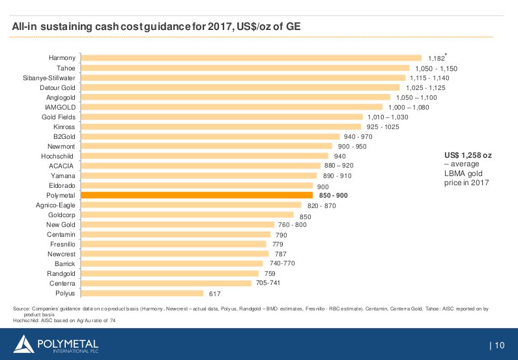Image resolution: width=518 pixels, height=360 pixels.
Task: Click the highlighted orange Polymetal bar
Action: pos(195,195)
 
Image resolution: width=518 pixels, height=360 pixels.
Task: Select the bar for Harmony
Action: pos(250,58)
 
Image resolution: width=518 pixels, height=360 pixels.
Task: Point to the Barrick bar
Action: pos(171,263)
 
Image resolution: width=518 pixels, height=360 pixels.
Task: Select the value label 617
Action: pos(214,293)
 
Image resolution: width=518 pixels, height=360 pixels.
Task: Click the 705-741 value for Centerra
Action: pos(268,283)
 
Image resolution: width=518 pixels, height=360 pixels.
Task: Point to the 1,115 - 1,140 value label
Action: pos(429,78)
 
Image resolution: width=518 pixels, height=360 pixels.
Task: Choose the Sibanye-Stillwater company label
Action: pos(49,78)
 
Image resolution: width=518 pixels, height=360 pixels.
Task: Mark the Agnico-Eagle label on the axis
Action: pos(55,205)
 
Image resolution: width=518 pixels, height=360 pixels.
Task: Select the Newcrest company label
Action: pos(62,254)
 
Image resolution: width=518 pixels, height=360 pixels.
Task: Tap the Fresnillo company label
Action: pos(62,244)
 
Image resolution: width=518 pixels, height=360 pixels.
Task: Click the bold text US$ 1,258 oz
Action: pos(468,155)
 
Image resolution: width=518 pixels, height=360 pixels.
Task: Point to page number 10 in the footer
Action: pos(499,345)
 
